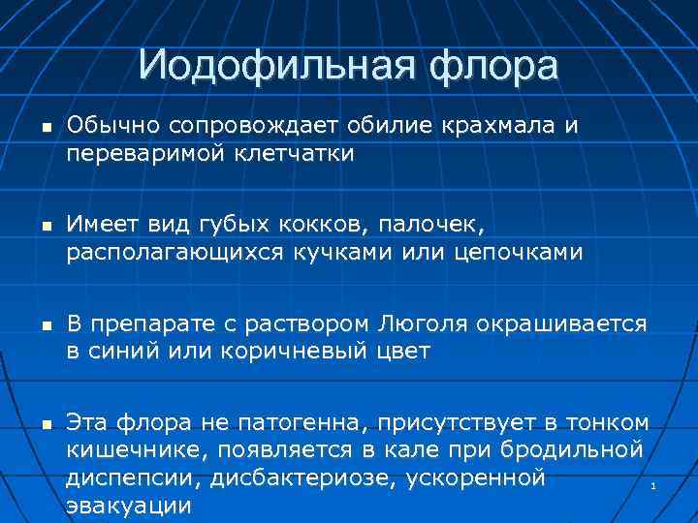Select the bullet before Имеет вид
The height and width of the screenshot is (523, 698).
(x=35, y=227)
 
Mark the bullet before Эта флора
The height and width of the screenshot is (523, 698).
(x=35, y=424)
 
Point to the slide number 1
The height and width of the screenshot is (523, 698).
(x=653, y=484)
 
